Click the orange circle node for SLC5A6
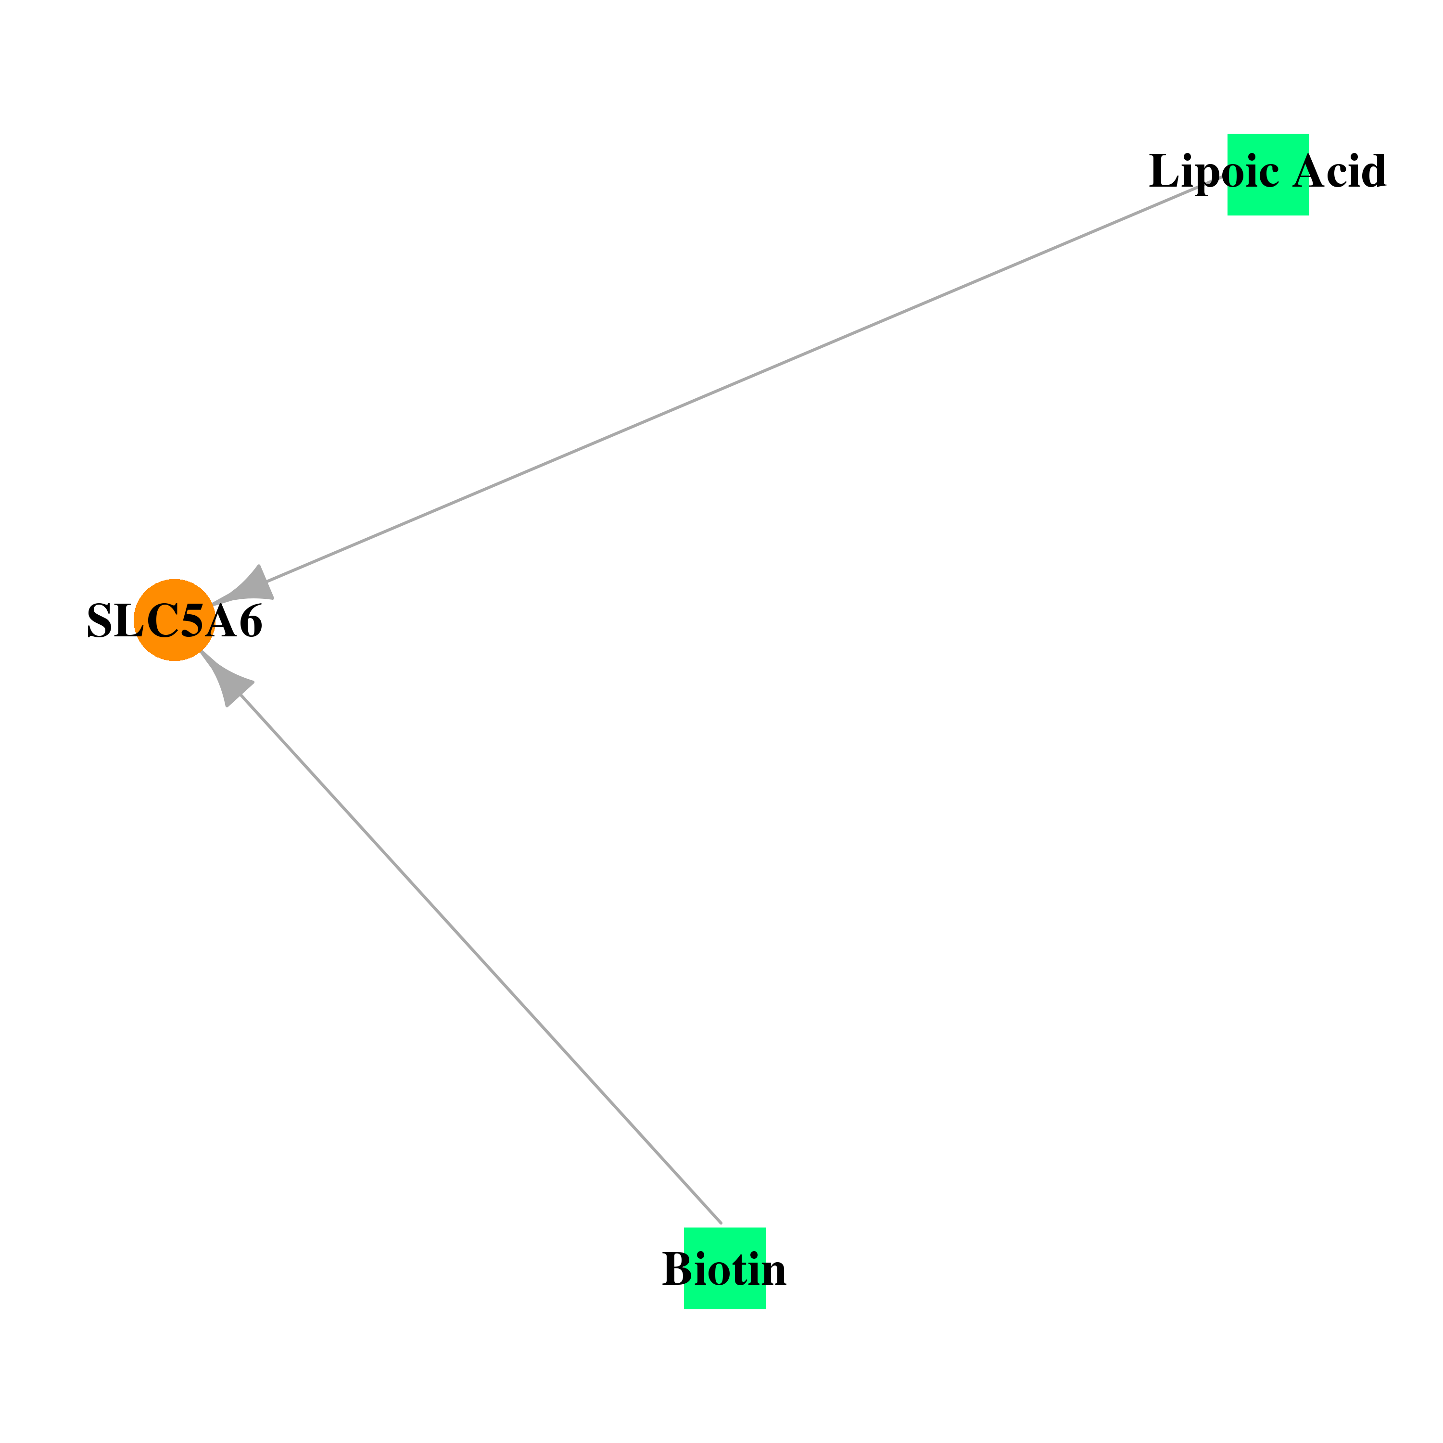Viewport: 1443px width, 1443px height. point(174,620)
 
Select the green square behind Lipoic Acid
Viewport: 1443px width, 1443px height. point(1268,174)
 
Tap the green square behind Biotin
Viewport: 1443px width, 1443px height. point(724,1268)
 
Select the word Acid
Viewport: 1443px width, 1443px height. point(1340,171)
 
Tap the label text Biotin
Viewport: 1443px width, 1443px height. point(724,1269)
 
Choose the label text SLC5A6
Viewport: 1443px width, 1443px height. point(175,620)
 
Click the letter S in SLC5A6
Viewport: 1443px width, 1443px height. point(100,620)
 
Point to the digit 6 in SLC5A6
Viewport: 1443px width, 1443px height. point(250,620)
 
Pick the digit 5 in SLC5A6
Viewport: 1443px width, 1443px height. point(193,620)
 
